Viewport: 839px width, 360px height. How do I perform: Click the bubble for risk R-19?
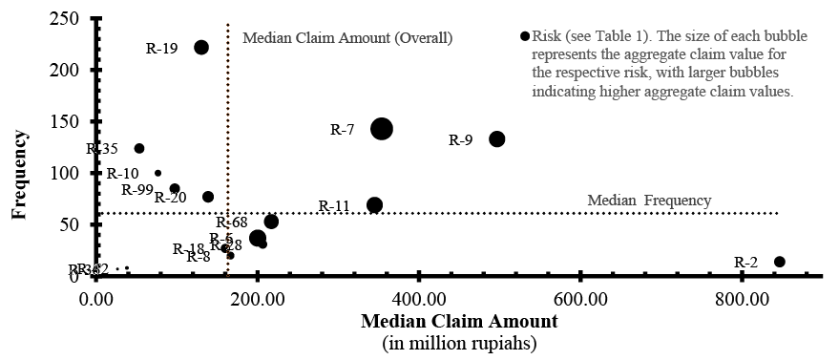[x=201, y=48]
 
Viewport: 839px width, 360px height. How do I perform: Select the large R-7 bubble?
[x=382, y=129]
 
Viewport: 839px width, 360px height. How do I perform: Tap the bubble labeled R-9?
[x=496, y=139]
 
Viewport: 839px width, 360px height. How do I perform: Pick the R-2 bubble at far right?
[x=779, y=262]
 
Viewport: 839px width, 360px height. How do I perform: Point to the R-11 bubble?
[x=375, y=205]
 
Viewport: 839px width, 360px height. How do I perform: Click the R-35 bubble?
[x=139, y=149]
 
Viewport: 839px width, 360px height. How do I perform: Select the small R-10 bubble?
[x=158, y=173]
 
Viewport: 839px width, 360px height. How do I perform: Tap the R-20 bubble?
[x=208, y=197]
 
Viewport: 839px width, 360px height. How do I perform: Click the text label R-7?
[x=343, y=130]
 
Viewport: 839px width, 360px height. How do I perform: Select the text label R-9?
[x=460, y=140]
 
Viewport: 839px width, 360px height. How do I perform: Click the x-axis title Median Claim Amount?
[x=458, y=322]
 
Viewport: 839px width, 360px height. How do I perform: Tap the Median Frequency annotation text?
[x=648, y=201]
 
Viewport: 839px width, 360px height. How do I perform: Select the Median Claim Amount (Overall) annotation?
[x=346, y=38]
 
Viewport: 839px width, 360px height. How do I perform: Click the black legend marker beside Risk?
[x=524, y=36]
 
